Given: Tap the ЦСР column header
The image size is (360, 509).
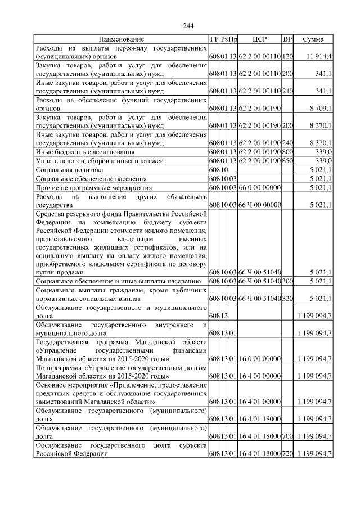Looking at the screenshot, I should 259,39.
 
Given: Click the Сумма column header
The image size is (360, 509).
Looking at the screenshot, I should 313,39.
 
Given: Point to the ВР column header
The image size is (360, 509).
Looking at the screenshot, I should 287,39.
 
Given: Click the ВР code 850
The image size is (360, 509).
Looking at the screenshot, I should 287,161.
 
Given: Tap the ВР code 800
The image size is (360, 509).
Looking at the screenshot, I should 287,152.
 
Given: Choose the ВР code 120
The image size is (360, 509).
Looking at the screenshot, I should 287,57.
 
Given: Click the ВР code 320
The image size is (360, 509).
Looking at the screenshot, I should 287,298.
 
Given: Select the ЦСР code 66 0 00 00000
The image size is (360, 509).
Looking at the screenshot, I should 259,187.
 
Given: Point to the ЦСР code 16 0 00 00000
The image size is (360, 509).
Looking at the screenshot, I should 259,358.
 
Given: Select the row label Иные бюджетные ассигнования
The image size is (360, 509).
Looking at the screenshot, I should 77,152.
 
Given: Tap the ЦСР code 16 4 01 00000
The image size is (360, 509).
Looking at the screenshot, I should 259,402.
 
